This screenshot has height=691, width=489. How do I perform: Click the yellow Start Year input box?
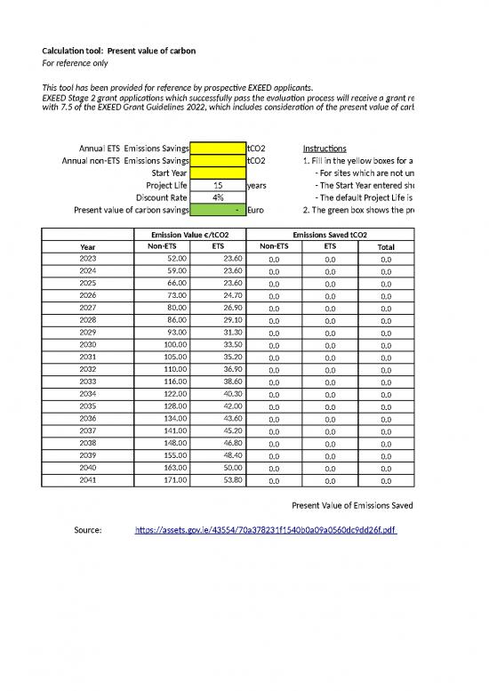tap(217, 173)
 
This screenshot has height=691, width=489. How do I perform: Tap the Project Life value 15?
tap(217, 185)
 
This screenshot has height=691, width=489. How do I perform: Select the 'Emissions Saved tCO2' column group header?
tap(331, 234)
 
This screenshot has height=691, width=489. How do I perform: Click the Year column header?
tap(87, 246)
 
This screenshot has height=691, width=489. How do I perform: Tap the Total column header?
tap(386, 247)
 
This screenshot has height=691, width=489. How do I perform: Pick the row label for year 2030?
tap(87, 343)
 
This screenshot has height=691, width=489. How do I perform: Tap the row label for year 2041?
tap(87, 478)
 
